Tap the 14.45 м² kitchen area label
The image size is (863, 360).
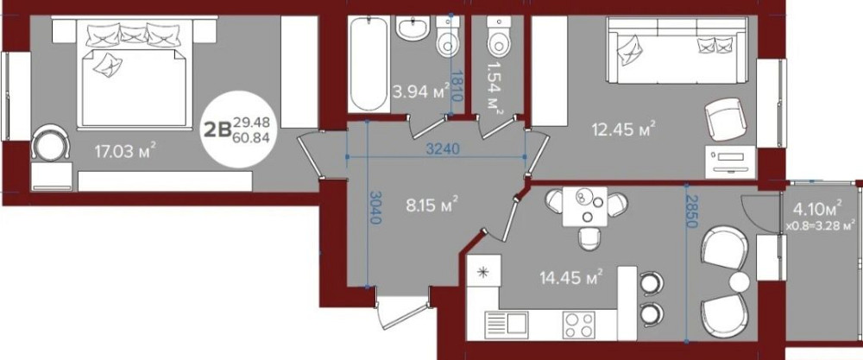tap(570, 275)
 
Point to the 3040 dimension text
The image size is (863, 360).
tap(376, 206)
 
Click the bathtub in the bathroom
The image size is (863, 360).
tap(368, 64)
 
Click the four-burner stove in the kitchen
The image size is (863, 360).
tap(578, 325)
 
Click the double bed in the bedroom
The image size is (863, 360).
tap(134, 73)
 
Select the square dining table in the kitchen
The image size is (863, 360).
tap(584, 206)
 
